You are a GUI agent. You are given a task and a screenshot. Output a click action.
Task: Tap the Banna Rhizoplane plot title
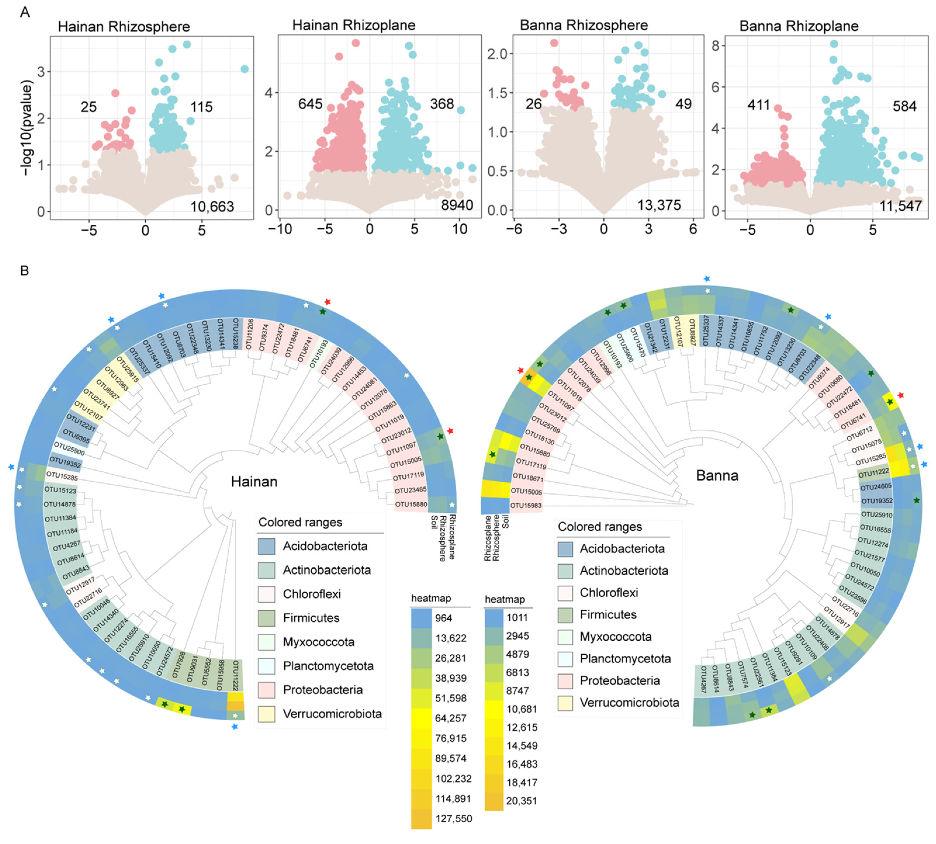[x=798, y=26]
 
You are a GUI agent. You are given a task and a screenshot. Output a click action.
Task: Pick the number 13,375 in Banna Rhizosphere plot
[x=659, y=205]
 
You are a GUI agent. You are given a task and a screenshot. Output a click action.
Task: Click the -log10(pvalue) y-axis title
[x=27, y=129]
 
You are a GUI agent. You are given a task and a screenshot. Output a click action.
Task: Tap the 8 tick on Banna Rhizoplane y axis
[x=716, y=46]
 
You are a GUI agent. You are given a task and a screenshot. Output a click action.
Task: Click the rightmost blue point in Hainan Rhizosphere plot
[x=244, y=69]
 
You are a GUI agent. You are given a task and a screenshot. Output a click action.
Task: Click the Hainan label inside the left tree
[x=254, y=482]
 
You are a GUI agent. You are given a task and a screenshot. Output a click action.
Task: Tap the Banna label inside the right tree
[x=717, y=475]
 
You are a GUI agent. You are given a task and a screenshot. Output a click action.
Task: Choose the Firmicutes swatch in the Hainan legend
[x=267, y=618]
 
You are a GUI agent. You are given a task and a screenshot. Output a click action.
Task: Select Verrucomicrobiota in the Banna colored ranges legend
[x=629, y=703]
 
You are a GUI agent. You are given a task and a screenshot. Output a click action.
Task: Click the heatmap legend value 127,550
[x=453, y=819]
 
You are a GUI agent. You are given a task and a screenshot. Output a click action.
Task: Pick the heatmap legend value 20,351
[x=521, y=800]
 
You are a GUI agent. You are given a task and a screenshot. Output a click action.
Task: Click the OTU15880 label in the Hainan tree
[x=411, y=504]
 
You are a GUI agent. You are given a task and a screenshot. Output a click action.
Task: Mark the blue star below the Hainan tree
[x=235, y=727]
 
